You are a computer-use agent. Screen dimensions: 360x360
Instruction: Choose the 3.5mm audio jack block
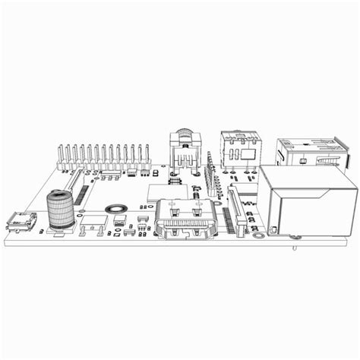240,146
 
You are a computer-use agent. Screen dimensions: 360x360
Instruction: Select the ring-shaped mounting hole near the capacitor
115,207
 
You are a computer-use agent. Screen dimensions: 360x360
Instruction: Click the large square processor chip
165,193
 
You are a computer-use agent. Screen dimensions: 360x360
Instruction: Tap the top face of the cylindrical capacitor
58,195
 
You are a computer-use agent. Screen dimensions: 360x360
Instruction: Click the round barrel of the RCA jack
184,137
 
